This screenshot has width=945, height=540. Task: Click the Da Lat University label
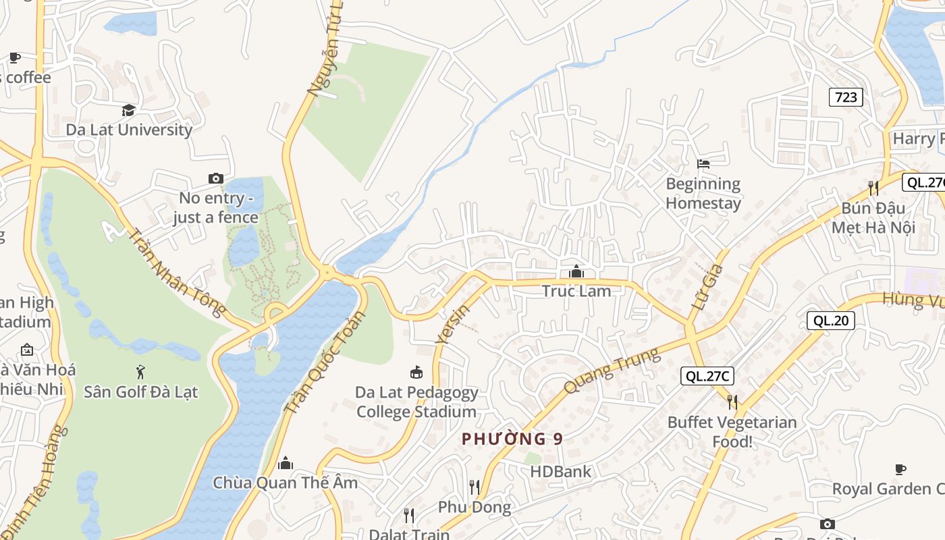129,130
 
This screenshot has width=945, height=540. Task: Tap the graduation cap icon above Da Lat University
128,110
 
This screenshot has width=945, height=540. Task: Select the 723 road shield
846,97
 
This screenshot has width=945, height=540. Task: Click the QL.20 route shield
831,321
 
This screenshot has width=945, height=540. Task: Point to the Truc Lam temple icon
576,271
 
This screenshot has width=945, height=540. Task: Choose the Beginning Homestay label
703,193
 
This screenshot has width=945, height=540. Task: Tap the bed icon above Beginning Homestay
703,163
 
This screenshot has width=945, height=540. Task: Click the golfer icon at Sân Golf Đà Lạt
140,371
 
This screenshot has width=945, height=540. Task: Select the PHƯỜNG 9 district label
512,439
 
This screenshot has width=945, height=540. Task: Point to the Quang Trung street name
611,371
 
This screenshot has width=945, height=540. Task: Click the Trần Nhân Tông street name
177,273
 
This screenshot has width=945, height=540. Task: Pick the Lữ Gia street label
707,288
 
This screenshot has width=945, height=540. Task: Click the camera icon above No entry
216,178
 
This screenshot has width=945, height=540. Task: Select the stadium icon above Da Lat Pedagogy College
416,372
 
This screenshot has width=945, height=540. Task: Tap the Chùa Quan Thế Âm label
286,483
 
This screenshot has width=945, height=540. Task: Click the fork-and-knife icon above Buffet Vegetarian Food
732,402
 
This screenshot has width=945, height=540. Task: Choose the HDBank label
560,471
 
